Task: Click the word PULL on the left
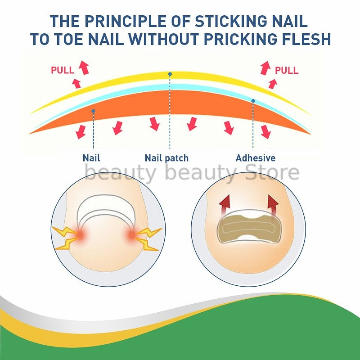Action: (63, 70)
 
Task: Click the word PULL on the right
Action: (287, 70)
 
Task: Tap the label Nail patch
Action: (166, 158)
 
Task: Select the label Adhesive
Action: (255, 158)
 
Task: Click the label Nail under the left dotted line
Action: (91, 158)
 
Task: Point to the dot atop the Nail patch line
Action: (170, 74)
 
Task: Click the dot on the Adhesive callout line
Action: (253, 101)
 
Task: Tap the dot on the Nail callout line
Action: (93, 111)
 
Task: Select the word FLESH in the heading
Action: (306, 39)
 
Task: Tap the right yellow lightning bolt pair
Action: (148, 238)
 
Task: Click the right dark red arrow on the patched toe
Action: (273, 205)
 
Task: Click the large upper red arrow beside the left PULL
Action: (84, 67)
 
